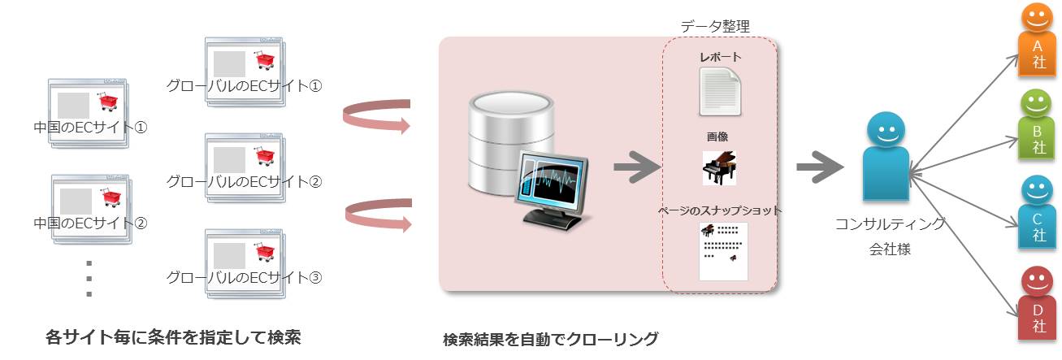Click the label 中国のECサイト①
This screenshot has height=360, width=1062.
pos(90,127)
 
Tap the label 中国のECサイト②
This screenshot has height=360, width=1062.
pos(90,222)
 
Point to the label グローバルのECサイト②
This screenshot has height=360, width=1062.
pos(245,180)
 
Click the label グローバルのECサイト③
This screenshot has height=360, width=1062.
pos(245,276)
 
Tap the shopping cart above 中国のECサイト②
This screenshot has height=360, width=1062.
pos(111,197)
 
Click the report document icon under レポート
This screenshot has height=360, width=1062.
pos(719,91)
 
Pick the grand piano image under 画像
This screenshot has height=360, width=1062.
pos(719,167)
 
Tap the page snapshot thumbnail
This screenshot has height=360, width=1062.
pos(723,250)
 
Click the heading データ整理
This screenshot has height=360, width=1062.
pos(715,26)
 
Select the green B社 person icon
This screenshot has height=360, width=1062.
pos(1036,126)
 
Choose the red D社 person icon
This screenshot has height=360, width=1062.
pos(1036,306)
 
